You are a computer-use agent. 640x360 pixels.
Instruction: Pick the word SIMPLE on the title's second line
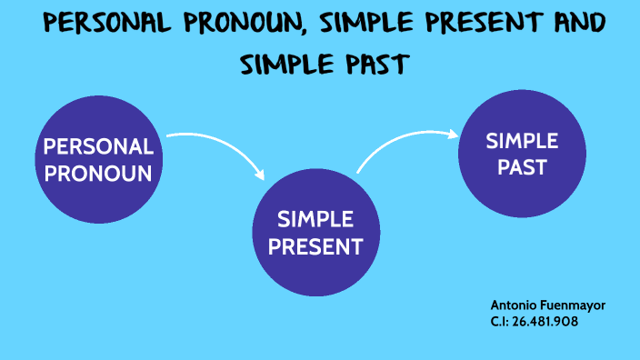pyautogui.click(x=286, y=64)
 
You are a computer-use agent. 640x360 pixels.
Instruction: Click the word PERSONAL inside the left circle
pyautogui.click(x=98, y=147)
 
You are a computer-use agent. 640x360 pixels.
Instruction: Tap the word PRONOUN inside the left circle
pyautogui.click(x=98, y=173)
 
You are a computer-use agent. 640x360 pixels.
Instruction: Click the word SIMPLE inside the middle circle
pyautogui.click(x=315, y=219)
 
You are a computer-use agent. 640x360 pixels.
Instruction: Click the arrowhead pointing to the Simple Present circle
pyautogui.click(x=261, y=172)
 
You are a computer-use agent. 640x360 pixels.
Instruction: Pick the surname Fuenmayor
pyautogui.click(x=575, y=305)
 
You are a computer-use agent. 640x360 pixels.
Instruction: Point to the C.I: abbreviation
pyautogui.click(x=500, y=321)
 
